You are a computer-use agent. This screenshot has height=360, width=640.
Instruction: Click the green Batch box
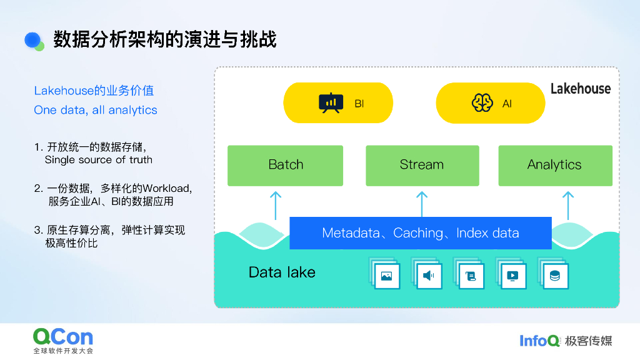tap(285, 166)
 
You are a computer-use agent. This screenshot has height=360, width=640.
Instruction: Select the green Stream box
tap(422, 166)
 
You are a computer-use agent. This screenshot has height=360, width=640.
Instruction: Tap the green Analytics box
tap(555, 166)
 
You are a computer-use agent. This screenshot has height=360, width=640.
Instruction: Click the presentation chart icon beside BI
tap(331, 103)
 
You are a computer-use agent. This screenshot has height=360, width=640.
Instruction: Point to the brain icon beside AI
tap(482, 103)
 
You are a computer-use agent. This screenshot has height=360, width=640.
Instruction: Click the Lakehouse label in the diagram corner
tap(580, 89)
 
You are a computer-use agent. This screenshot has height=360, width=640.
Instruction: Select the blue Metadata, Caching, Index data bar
tap(420, 233)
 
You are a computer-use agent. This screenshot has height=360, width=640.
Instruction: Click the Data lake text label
tap(282, 272)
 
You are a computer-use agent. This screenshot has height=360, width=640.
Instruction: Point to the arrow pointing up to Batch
tap(275, 204)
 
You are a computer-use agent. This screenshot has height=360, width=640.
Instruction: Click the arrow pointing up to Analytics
tap(567, 204)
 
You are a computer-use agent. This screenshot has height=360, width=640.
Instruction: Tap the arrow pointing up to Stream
tap(422, 203)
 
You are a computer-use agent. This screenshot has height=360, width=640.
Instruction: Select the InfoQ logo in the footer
tap(540, 341)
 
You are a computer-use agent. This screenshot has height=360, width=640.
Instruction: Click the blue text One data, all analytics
tap(96, 110)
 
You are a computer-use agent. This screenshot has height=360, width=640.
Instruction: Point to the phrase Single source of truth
tap(99, 159)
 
